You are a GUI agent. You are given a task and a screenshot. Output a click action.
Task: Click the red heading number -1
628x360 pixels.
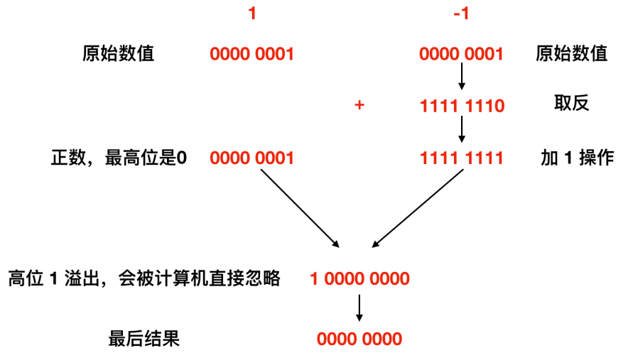pyautogui.click(x=461, y=13)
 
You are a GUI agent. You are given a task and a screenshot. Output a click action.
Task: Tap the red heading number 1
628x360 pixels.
pyautogui.click(x=251, y=13)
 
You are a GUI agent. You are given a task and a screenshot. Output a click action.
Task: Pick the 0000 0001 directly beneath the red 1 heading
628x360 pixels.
pyautogui.click(x=251, y=54)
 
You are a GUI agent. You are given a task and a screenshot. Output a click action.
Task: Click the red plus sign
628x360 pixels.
pyautogui.click(x=359, y=106)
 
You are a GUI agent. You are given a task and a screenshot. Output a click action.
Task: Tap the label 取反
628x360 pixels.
pyautogui.click(x=572, y=104)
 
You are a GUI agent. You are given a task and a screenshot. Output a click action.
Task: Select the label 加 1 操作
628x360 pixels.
pyautogui.click(x=577, y=158)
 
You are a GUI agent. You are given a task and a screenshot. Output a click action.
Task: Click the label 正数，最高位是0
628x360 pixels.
pyautogui.click(x=119, y=158)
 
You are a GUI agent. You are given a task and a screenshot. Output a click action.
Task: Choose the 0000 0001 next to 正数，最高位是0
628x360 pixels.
pyautogui.click(x=251, y=158)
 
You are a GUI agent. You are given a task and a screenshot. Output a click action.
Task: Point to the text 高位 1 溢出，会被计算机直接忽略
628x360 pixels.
pyautogui.click(x=144, y=278)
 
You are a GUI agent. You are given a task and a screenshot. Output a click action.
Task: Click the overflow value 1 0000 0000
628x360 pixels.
pyautogui.click(x=359, y=278)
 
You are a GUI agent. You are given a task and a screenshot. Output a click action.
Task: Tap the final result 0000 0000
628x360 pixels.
pyautogui.click(x=359, y=339)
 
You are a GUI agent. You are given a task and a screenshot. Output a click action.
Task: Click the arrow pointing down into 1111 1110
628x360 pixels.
pyautogui.click(x=462, y=77)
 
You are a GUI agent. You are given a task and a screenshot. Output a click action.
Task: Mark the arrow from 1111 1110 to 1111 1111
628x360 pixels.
pyautogui.click(x=462, y=129)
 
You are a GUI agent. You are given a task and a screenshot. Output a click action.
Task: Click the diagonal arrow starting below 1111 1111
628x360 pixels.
pyautogui.click(x=418, y=209)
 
